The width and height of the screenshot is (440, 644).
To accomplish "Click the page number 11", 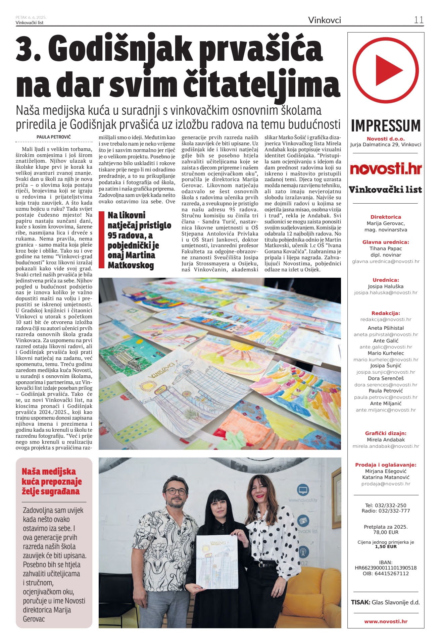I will (419, 20).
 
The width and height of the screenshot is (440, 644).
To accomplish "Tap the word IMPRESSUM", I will (386, 126).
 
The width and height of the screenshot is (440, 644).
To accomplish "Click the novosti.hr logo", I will (386, 169).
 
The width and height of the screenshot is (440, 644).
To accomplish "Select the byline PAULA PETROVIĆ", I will (54, 137).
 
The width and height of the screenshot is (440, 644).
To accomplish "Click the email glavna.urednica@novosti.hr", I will (386, 261).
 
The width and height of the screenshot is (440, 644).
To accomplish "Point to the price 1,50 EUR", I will (386, 546).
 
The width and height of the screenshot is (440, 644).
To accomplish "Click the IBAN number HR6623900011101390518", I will (386, 568).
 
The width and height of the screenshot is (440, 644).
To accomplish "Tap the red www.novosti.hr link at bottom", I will (386, 622).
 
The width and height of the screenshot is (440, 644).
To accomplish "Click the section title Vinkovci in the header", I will (324, 20).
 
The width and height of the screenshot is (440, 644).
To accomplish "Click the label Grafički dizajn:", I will (386, 433).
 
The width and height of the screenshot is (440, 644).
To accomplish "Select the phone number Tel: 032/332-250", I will (386, 505).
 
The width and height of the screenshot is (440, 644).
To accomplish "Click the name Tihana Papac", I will (386, 249).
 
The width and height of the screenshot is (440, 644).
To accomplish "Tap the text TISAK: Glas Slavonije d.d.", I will (385, 602).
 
